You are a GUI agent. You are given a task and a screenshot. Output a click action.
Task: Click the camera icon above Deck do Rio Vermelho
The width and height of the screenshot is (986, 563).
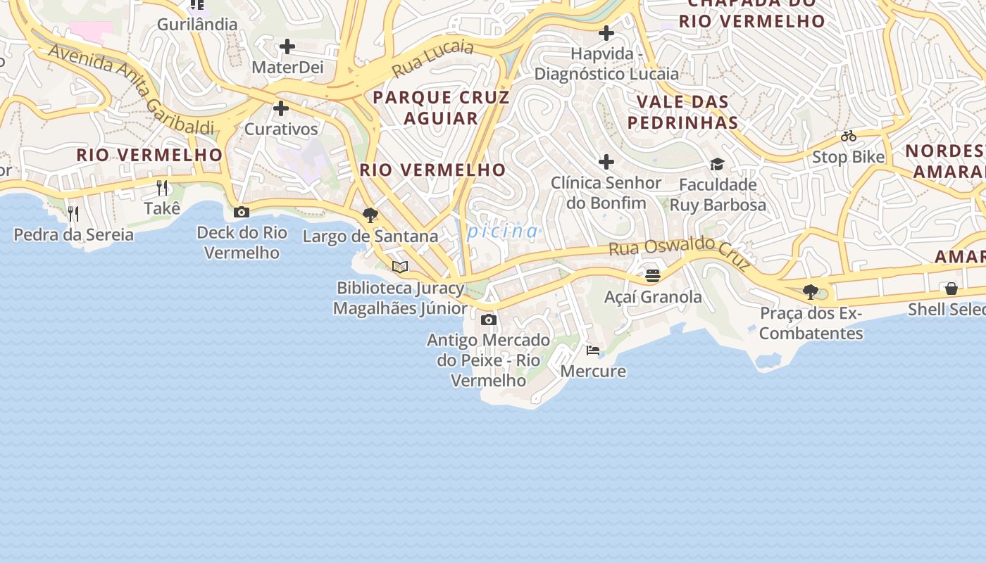pos(242,212)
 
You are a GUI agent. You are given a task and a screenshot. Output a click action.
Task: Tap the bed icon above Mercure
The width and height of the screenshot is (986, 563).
pos(593,350)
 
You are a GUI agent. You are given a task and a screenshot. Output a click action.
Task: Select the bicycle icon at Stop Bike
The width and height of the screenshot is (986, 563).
pos(849,136)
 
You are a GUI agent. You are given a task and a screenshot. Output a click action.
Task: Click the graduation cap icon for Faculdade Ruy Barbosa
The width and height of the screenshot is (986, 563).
pos(717,164)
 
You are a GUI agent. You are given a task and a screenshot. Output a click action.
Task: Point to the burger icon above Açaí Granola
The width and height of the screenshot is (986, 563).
pos(653,275)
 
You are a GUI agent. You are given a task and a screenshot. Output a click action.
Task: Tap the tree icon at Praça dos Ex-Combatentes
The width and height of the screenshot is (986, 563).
pos(811,291)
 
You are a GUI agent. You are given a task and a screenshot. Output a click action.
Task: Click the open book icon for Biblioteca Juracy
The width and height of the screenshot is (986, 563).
pos(400,267)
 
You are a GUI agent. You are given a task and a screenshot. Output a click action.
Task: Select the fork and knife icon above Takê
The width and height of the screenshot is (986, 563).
pos(162,187)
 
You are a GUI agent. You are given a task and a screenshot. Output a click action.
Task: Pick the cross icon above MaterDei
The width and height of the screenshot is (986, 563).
pos(287,47)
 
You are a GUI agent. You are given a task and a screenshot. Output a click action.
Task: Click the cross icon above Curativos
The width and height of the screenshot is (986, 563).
pos(281,108)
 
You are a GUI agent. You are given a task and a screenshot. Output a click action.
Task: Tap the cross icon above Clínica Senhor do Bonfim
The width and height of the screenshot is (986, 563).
pos(606,163)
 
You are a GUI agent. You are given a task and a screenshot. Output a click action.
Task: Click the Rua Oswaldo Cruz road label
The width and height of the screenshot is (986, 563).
pos(680,252)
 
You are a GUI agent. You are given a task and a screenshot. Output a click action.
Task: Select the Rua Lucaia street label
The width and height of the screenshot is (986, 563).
pos(432,59)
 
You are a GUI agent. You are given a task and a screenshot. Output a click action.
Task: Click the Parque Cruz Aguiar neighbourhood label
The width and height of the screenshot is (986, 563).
pos(441,107)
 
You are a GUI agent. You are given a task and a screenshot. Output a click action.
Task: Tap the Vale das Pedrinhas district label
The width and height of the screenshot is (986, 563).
pos(682,112)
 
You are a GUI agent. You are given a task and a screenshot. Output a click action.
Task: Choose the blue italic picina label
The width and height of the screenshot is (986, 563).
pos(502,231)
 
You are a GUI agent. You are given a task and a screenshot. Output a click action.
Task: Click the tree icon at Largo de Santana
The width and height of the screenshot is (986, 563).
pos(370,215)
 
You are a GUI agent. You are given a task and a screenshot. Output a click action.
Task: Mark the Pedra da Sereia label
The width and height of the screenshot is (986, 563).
pos(73,234)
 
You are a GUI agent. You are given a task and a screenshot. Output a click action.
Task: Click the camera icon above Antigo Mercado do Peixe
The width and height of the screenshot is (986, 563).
pos(488,320)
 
